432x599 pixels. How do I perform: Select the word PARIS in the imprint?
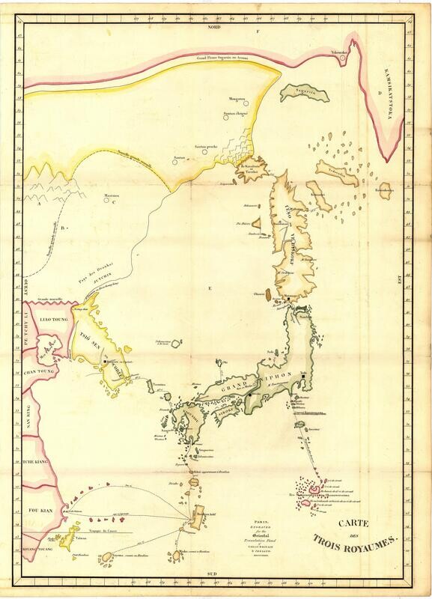[x=261, y=521]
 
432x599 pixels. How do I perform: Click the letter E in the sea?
[x=210, y=288]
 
